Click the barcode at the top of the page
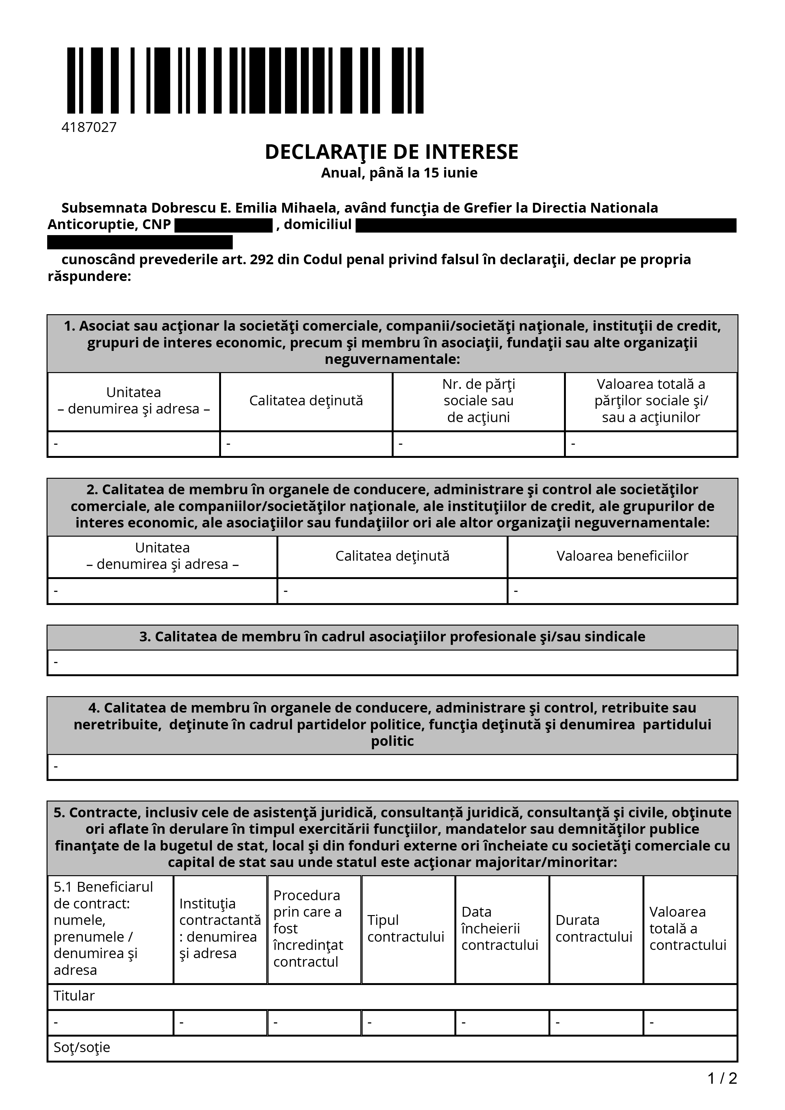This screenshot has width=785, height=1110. [x=245, y=80]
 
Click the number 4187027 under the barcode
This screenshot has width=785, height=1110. [x=89, y=128]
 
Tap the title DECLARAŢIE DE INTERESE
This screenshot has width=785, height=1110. [x=391, y=152]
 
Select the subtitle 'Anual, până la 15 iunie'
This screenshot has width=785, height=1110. [x=399, y=173]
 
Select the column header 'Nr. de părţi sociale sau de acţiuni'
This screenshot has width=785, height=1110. [x=478, y=401]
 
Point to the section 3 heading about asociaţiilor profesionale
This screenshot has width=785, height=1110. [x=392, y=637]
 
